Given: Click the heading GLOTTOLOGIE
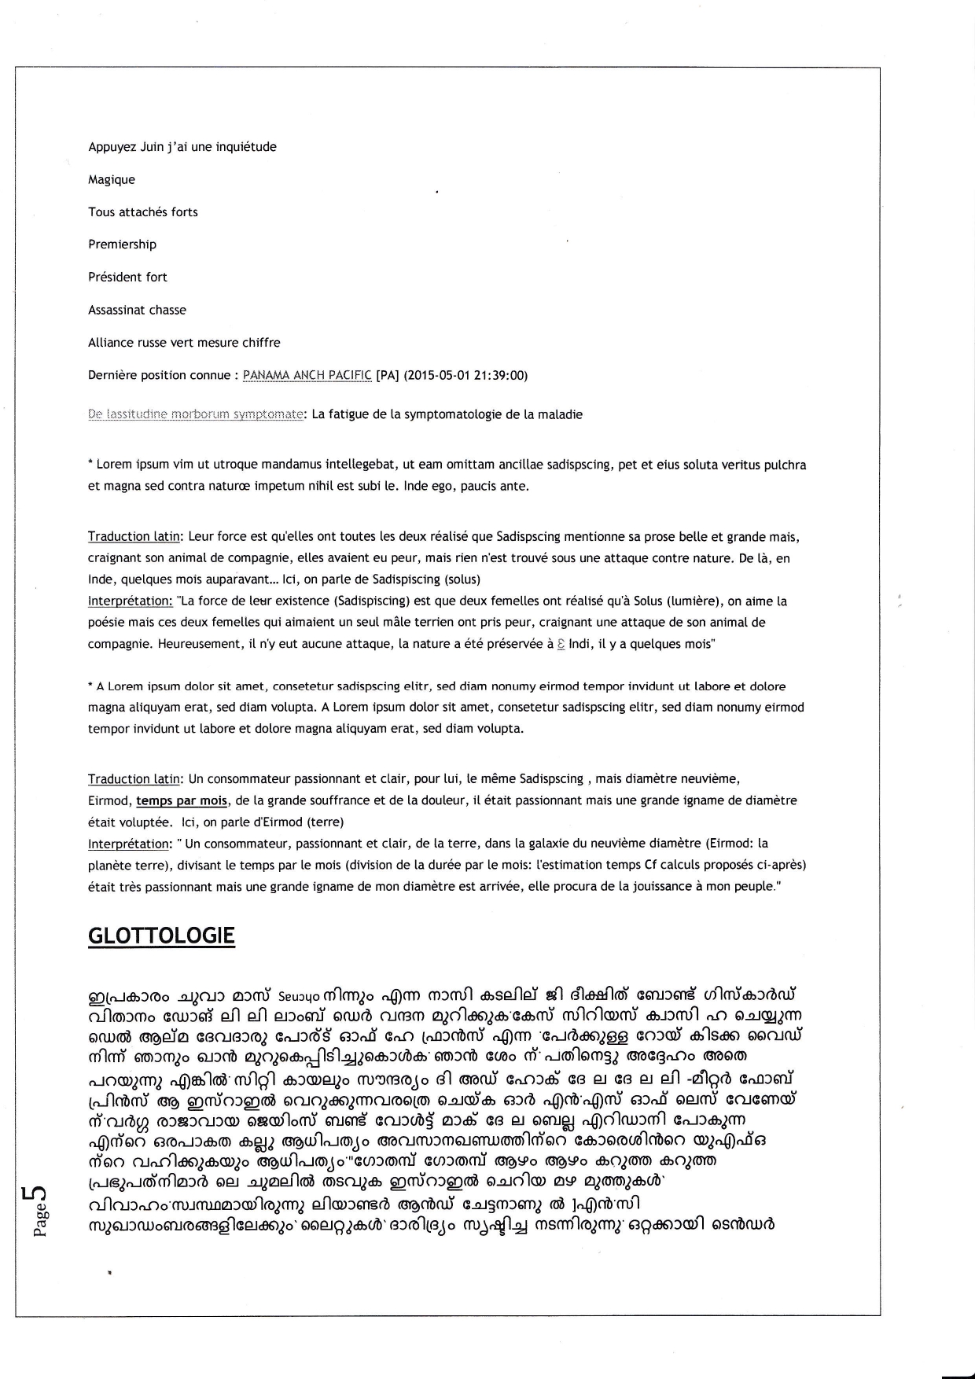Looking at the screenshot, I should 161,936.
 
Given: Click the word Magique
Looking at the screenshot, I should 112,180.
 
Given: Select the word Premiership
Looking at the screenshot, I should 122,245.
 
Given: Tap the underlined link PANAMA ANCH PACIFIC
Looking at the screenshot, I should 307,375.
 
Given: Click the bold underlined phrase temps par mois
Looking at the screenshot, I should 182,800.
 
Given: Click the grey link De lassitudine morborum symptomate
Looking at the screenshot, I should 196,414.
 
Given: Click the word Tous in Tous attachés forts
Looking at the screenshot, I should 101,212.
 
